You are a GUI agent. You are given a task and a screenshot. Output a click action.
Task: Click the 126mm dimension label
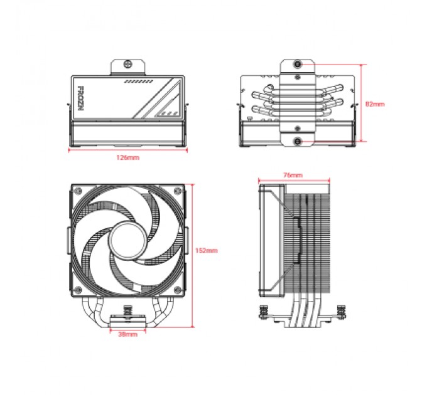pyautogui.click(x=128, y=158)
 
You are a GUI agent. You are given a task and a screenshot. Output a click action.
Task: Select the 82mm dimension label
pyautogui.click(x=375, y=103)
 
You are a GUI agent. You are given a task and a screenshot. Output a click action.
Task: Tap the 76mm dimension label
pyautogui.click(x=293, y=174)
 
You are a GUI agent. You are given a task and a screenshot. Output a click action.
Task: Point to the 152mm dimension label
pyautogui.click(x=207, y=250)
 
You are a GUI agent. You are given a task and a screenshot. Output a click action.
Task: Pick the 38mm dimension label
pyautogui.click(x=127, y=335)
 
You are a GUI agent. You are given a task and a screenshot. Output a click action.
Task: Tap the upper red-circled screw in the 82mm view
pyautogui.click(x=297, y=64)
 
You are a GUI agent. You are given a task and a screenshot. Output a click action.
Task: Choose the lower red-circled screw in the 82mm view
pyautogui.click(x=297, y=142)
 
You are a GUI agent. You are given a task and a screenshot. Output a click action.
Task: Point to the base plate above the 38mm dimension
pyautogui.click(x=127, y=321)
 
